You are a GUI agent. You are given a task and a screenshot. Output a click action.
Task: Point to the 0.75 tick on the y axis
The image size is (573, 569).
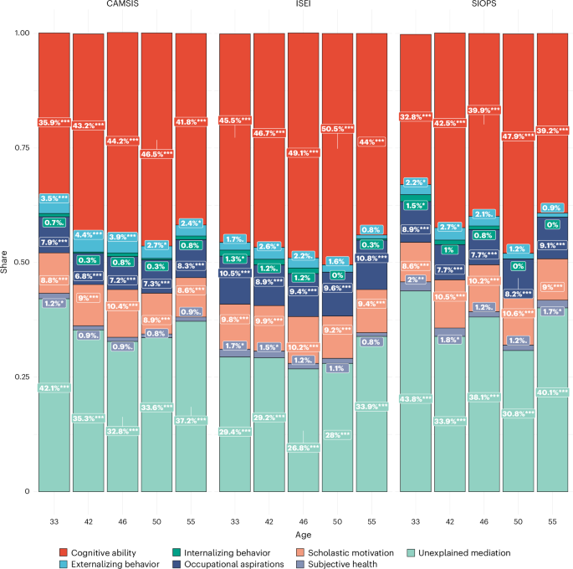[19, 147]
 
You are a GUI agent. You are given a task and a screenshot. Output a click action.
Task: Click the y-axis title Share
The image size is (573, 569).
[6, 263]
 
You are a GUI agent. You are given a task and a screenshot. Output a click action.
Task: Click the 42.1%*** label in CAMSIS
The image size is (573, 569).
[54, 387]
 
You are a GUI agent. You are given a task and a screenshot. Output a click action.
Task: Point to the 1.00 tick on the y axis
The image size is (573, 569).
[19, 33]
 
